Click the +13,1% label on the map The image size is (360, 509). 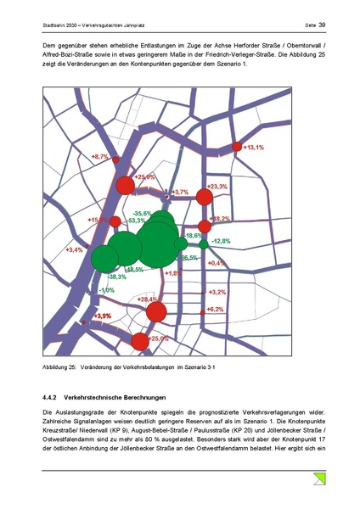tap(253, 148)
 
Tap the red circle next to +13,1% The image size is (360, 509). tap(238, 148)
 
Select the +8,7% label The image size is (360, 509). tap(99, 157)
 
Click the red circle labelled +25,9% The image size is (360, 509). tap(126, 185)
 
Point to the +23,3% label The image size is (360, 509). tap(217, 187)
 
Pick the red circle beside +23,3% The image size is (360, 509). tap(204, 198)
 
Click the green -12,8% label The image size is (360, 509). tap(221, 242)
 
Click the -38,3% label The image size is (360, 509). tap(116, 277)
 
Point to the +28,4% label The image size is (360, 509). tap(149, 300)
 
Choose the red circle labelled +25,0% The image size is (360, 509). tap(140, 341)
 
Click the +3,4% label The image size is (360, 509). tap(74, 250)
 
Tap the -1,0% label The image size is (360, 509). tap(106, 290)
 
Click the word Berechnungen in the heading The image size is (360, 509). tap(143, 398)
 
